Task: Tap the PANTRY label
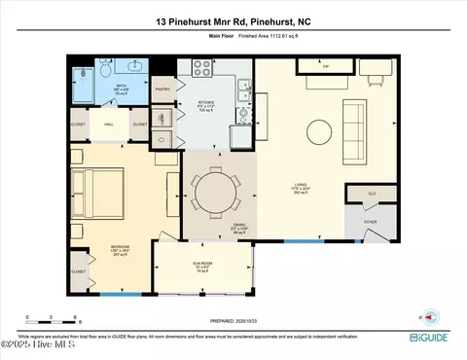click(x=163, y=89)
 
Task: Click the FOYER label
click(x=371, y=221)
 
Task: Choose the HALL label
click(x=110, y=125)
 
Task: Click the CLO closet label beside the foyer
click(x=372, y=194)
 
